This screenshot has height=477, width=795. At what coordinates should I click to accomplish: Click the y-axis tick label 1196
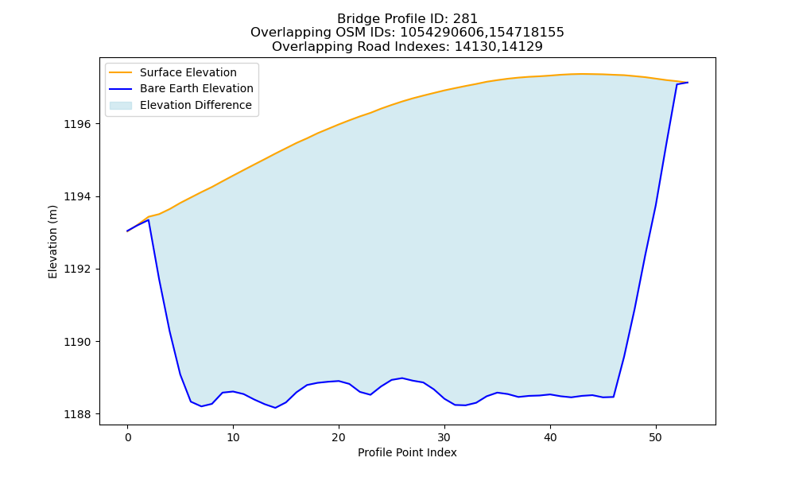point(77,124)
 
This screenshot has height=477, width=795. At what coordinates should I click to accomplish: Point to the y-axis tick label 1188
point(77,414)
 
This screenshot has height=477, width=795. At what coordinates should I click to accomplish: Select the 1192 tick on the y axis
point(77,270)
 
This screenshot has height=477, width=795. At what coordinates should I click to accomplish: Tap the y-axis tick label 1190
point(77,342)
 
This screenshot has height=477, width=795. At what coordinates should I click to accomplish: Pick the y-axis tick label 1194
point(77,196)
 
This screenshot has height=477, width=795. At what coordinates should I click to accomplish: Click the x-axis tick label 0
point(128,437)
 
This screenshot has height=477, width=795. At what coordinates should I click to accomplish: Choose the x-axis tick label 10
point(233,437)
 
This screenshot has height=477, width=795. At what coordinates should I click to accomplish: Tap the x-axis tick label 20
point(339,437)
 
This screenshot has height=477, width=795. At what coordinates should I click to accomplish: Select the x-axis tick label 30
point(444,437)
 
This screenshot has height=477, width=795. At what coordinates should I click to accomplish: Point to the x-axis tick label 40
point(550,437)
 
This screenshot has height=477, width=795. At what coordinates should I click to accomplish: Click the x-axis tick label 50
point(656,437)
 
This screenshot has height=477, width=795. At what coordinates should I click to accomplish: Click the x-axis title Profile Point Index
point(407,452)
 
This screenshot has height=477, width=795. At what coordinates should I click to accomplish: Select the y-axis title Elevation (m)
point(52,242)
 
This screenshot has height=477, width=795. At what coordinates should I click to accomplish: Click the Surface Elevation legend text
point(188,72)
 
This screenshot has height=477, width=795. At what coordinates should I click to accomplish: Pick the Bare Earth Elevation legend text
point(196,88)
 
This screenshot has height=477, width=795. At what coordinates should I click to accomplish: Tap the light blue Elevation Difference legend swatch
point(121,106)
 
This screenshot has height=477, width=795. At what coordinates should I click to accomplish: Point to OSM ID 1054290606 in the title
point(443,33)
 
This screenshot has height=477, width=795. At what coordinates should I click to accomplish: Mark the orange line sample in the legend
point(121,72)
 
